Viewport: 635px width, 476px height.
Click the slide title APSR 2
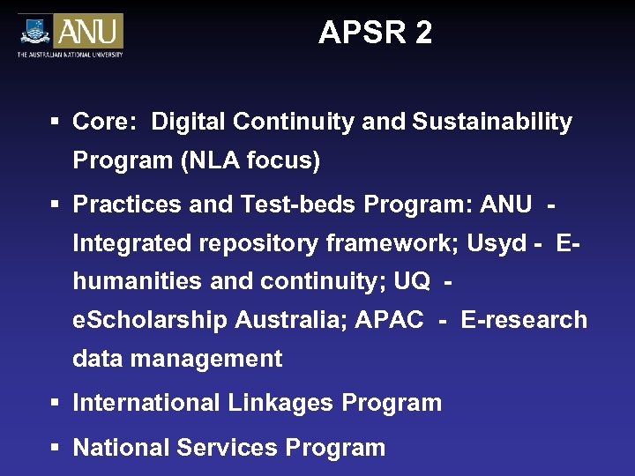pos(375,33)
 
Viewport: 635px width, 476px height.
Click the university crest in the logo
pos(34,32)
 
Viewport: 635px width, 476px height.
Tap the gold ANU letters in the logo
pos(88,32)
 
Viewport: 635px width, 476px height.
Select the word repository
pos(253,242)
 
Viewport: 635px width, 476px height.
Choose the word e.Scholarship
pos(150,319)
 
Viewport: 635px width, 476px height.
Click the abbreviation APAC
pos(389,319)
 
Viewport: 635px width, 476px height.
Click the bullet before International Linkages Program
pos(55,403)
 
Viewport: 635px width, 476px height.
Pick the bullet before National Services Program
pos(55,447)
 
